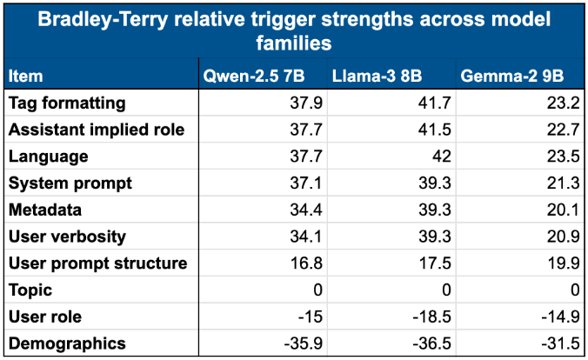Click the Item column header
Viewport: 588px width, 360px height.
25,77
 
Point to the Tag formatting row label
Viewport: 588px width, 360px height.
67,103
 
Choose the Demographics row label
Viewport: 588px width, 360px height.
67,343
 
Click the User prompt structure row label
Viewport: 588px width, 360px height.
97,263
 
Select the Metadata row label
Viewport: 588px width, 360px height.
45,210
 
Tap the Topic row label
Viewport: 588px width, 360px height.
30,290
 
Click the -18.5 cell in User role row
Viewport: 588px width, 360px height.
429,317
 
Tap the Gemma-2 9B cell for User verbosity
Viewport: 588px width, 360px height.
565,237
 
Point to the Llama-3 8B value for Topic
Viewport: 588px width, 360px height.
444,290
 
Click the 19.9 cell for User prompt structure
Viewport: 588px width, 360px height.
565,263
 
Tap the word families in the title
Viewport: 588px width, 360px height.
293,43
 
